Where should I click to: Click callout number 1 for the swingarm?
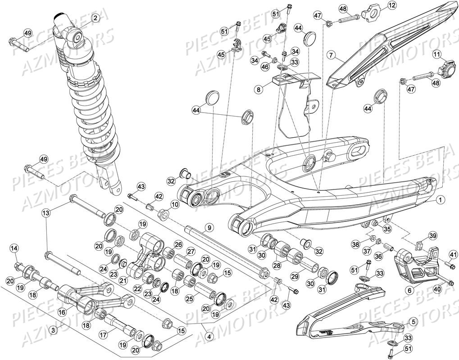441,199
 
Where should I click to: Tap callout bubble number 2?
95,18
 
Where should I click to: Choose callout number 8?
259,90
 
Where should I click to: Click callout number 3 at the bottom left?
54,331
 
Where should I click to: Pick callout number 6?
409,291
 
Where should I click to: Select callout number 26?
178,245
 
